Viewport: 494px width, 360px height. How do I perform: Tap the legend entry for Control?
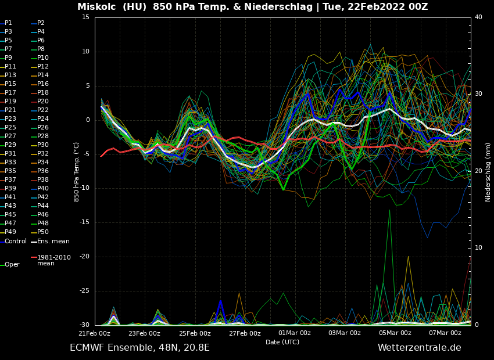click(x=16, y=241)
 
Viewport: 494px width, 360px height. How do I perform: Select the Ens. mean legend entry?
click(x=53, y=241)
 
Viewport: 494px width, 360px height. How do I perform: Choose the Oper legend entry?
click(x=12, y=264)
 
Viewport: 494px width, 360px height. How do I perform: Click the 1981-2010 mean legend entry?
click(x=53, y=260)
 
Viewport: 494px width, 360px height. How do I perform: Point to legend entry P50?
click(x=43, y=232)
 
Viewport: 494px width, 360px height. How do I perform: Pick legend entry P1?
click(x=8, y=23)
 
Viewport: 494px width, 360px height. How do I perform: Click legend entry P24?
click(x=43, y=119)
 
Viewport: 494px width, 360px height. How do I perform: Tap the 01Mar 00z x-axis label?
click(x=295, y=333)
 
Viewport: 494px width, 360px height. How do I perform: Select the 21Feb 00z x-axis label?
click(x=95, y=333)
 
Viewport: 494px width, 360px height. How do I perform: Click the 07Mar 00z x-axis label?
click(x=445, y=333)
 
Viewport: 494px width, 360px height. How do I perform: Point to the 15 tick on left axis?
click(x=85, y=17)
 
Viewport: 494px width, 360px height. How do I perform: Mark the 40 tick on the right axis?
click(x=478, y=17)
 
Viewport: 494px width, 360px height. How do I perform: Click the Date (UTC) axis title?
click(x=282, y=342)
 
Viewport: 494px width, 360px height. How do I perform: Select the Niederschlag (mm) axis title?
click(x=488, y=172)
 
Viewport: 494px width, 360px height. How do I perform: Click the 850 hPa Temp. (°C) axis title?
click(x=77, y=172)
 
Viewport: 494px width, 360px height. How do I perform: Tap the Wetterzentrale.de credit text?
click(x=419, y=348)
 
